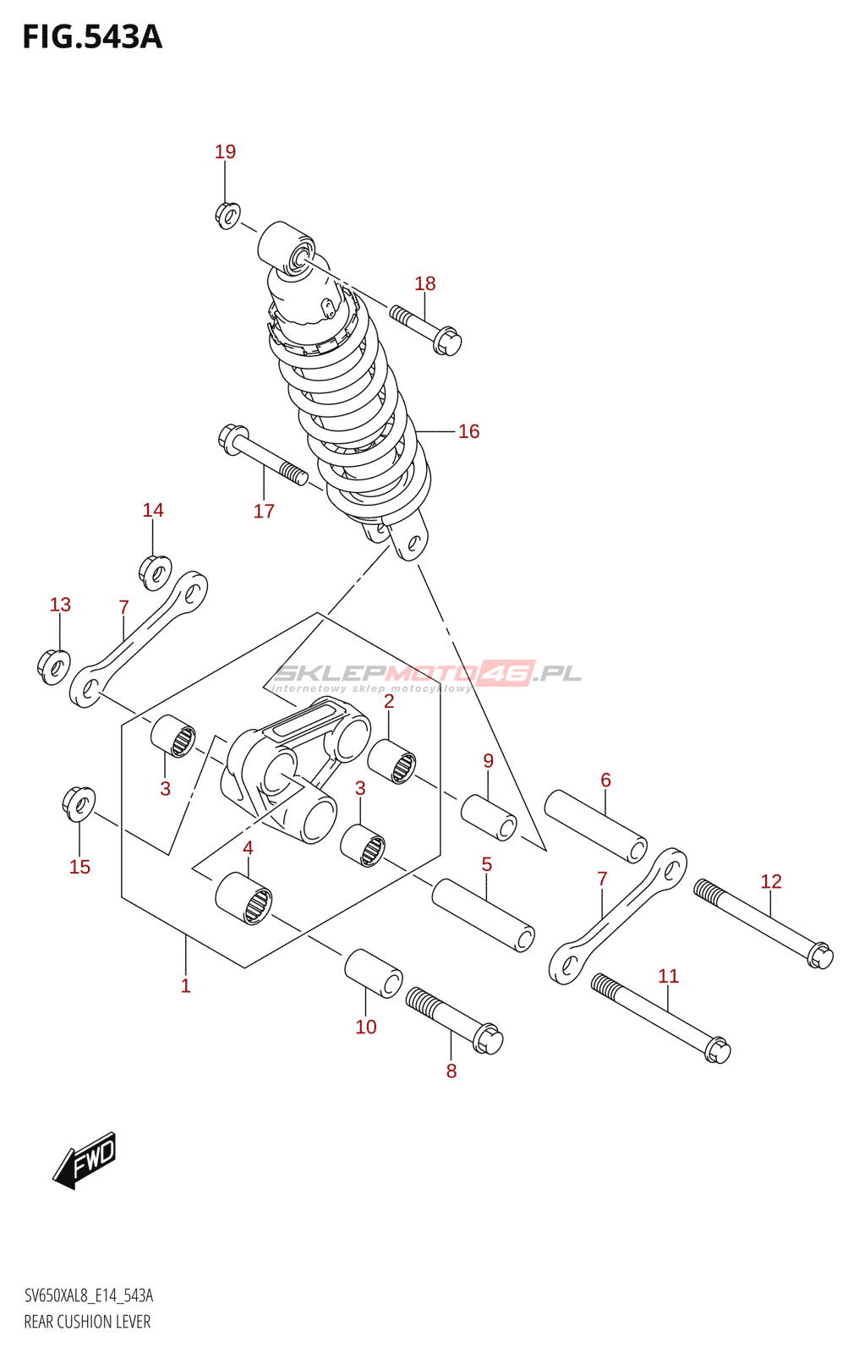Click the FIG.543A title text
(91, 37)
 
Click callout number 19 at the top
(225, 152)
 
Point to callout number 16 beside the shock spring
(468, 431)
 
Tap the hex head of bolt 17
(231, 437)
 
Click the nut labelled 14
(156, 572)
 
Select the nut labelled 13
(54, 666)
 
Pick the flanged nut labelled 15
(79, 802)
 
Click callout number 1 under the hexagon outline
(186, 986)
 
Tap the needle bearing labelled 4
(244, 899)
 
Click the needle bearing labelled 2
(392, 761)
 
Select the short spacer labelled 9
(489, 817)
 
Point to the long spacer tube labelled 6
(595, 825)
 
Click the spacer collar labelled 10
(374, 972)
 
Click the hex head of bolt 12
(819, 956)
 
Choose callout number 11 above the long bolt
(668, 977)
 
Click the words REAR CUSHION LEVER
(87, 1322)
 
